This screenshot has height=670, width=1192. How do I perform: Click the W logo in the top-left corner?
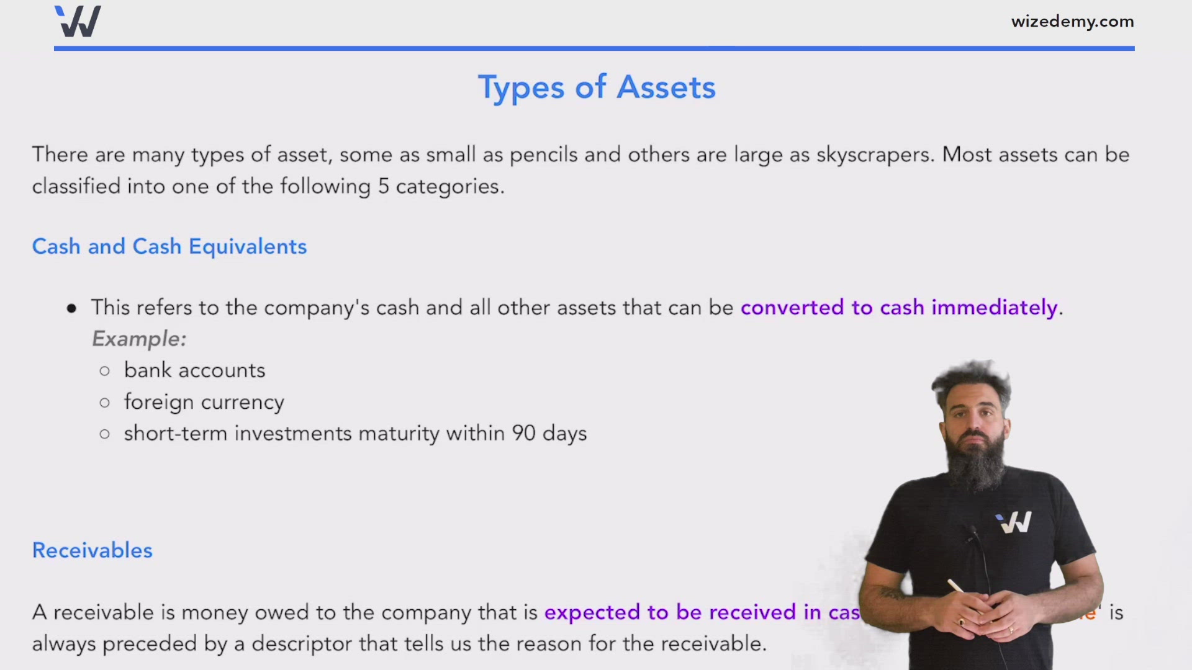(x=78, y=22)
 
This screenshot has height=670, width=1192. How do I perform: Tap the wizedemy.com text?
(x=1072, y=22)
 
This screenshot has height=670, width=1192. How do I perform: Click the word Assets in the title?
(x=666, y=87)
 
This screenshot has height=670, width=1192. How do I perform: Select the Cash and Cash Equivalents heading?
(x=169, y=247)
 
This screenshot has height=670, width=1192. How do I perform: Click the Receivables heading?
(x=92, y=550)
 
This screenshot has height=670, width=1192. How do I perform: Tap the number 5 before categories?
(x=384, y=187)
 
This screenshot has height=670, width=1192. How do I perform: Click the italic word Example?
(x=139, y=339)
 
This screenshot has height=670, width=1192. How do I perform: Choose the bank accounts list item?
(x=194, y=371)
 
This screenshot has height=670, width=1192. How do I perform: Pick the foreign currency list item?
(x=204, y=403)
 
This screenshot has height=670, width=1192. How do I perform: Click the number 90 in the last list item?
(x=523, y=434)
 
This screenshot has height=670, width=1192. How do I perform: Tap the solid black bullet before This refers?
(x=72, y=308)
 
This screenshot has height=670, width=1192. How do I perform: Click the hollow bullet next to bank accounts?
(x=104, y=372)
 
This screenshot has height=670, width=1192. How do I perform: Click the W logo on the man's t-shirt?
(x=1015, y=522)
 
